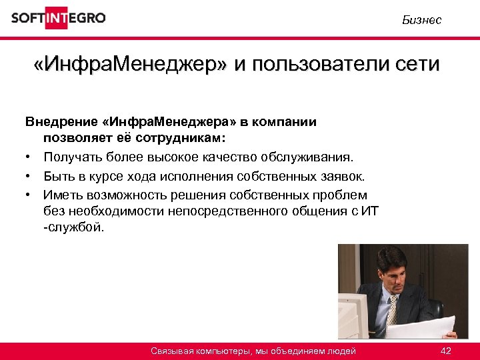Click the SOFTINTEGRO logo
pyautogui.click(x=58, y=18)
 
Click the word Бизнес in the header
pyautogui.click(x=421, y=21)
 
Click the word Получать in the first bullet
pyautogui.click(x=71, y=157)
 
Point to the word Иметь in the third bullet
pyautogui.click(x=62, y=195)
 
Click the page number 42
pyautogui.click(x=446, y=351)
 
